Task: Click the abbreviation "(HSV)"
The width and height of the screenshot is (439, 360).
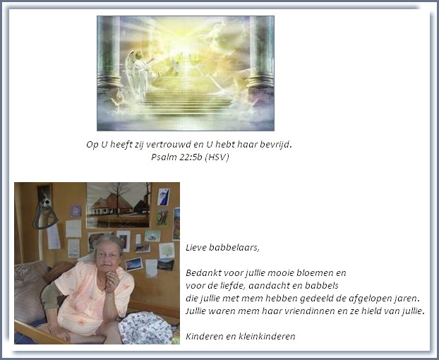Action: coord(217,157)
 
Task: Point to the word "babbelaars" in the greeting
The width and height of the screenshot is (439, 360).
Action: coord(234,248)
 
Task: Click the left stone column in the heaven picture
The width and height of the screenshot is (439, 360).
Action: coord(109,56)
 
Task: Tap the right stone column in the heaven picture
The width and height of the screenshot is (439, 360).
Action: coord(261,56)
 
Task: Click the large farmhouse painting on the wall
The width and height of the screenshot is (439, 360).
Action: coord(119,205)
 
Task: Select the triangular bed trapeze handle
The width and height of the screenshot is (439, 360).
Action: coord(44,217)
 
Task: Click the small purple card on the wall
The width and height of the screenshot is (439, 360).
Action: coord(76,211)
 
